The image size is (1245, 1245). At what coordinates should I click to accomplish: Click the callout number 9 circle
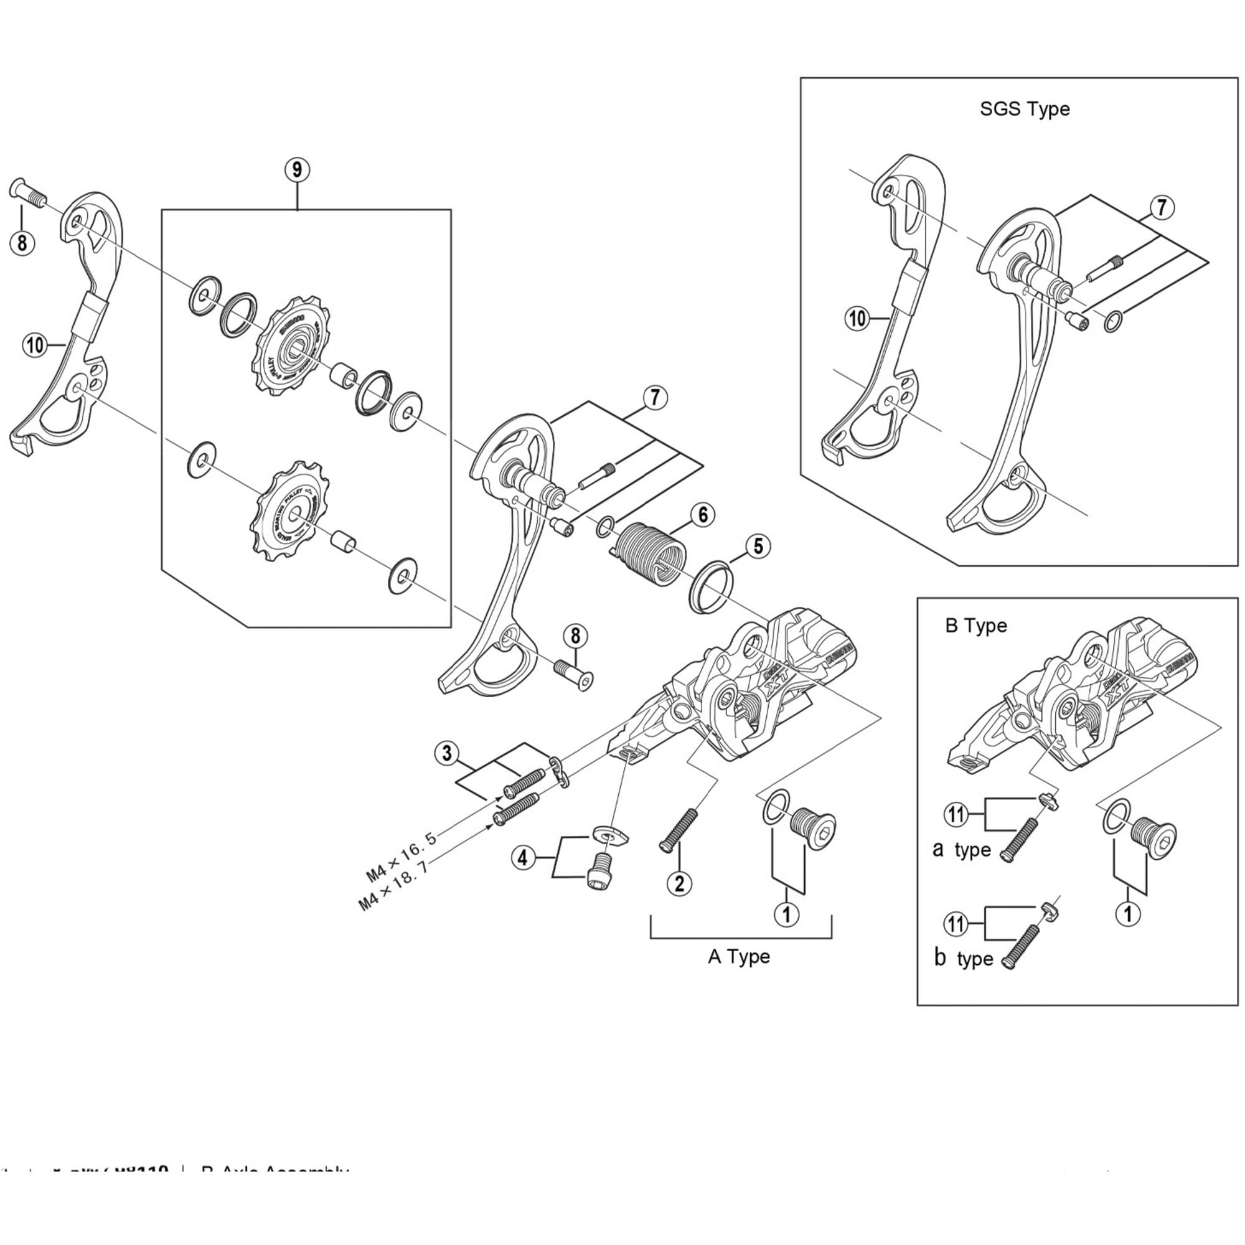point(296,169)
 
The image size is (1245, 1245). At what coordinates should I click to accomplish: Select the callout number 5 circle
point(758,547)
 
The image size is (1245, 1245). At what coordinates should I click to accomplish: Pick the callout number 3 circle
point(447,753)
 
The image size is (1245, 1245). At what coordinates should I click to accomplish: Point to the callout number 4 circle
point(524,858)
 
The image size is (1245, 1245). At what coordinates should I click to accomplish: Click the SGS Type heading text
point(1024,109)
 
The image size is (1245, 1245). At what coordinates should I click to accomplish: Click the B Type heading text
point(975,626)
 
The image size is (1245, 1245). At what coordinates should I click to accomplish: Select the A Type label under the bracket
point(738,956)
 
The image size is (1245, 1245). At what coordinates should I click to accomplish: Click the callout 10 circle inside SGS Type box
point(857,318)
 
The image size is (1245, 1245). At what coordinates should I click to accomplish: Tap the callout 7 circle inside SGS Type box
point(1161,207)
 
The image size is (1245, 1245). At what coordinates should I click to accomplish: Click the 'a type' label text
point(962,850)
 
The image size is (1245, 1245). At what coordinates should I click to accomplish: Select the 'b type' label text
point(964,958)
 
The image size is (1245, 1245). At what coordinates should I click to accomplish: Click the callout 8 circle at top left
point(22,243)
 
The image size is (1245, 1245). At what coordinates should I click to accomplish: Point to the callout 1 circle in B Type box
point(1128,914)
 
